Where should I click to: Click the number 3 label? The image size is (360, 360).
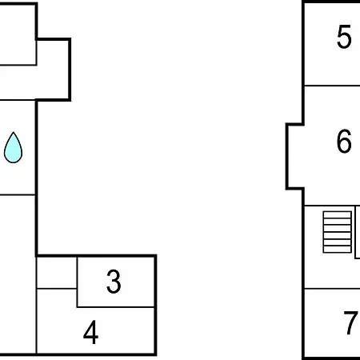coord(114,282)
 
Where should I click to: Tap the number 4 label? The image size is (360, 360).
coord(90,332)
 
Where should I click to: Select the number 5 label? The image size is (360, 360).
coord(344,37)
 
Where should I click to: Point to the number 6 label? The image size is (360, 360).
coord(344,141)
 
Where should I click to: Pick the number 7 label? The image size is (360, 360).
coord(350,322)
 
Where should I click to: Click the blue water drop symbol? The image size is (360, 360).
coord(13,147)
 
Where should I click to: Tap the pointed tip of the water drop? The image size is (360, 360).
coord(13,132)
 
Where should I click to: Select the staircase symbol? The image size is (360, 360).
coord(337,232)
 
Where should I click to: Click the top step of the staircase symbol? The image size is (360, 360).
coord(337,215)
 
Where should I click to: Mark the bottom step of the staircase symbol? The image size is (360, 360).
coord(337,249)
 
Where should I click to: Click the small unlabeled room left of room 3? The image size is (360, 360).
coord(57,273)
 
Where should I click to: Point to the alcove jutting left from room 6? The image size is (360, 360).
coord(295,157)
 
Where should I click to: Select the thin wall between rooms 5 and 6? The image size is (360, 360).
coord(332,86)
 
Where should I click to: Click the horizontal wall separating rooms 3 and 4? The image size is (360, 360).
coord(116,307)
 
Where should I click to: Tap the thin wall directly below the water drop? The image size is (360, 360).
coord(18,195)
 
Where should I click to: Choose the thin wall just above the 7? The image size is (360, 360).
coord(332,289)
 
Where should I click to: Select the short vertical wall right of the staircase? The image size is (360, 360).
coord(355,232)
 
